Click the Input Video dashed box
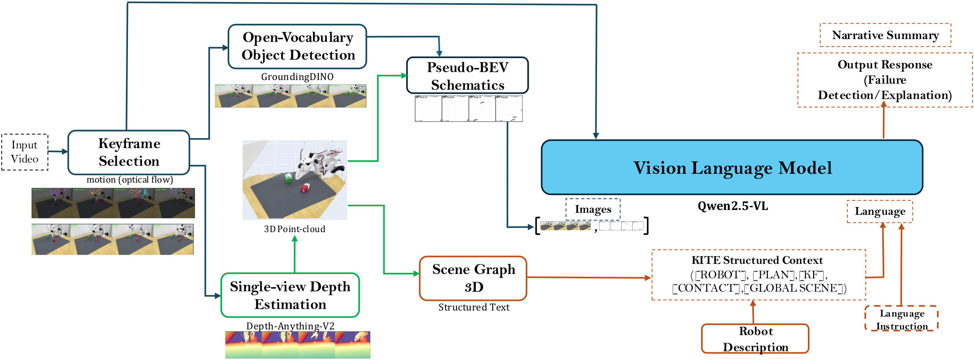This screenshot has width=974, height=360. (x=25, y=152)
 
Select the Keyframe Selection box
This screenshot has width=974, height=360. (x=129, y=152)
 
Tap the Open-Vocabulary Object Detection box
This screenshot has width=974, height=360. (x=297, y=46)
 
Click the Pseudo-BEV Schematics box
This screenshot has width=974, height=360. (x=467, y=76)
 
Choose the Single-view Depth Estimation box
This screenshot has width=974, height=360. (x=290, y=295)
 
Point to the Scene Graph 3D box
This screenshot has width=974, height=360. (x=473, y=278)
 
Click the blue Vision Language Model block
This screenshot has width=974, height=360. (x=732, y=167)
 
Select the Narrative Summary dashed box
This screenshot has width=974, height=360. (x=885, y=35)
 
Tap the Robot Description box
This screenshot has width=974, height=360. (x=755, y=339)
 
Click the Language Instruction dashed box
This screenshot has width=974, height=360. (x=901, y=319)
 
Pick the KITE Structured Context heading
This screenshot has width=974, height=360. (x=757, y=260)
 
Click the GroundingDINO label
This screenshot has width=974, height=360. (x=297, y=77)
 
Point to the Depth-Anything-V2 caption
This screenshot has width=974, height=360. (x=290, y=326)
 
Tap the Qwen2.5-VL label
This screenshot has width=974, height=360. (x=733, y=206)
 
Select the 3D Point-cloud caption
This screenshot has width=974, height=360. (x=294, y=229)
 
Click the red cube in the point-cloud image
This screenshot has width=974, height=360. (x=306, y=188)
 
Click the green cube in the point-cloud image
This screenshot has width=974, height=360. (x=288, y=178)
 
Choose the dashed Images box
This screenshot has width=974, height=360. (x=593, y=209)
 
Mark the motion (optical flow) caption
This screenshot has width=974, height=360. (x=130, y=180)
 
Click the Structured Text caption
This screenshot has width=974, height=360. (x=474, y=307)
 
